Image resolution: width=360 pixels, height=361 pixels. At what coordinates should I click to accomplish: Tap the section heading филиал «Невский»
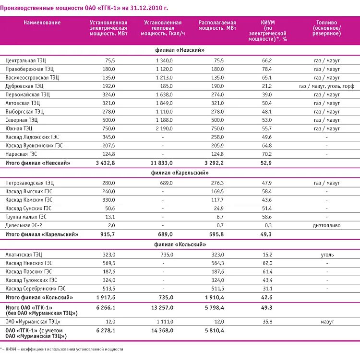click(x=180, y=50)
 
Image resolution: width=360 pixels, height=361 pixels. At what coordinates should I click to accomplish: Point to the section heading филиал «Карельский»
click(x=180, y=173)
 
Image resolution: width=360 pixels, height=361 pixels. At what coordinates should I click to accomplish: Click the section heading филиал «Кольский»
click(x=180, y=245)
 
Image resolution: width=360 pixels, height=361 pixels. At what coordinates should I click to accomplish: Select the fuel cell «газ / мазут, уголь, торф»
click(x=326, y=86)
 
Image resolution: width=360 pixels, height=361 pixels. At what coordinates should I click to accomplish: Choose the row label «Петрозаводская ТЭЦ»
click(x=30, y=183)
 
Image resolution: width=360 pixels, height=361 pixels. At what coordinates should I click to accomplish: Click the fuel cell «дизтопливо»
click(x=327, y=225)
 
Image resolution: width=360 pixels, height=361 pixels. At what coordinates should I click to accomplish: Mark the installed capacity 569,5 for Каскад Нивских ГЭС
click(x=109, y=263)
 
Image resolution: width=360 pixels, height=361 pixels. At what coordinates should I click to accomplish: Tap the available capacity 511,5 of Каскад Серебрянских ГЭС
click(x=217, y=289)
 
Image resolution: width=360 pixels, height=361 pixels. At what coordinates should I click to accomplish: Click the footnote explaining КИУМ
click(x=62, y=349)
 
